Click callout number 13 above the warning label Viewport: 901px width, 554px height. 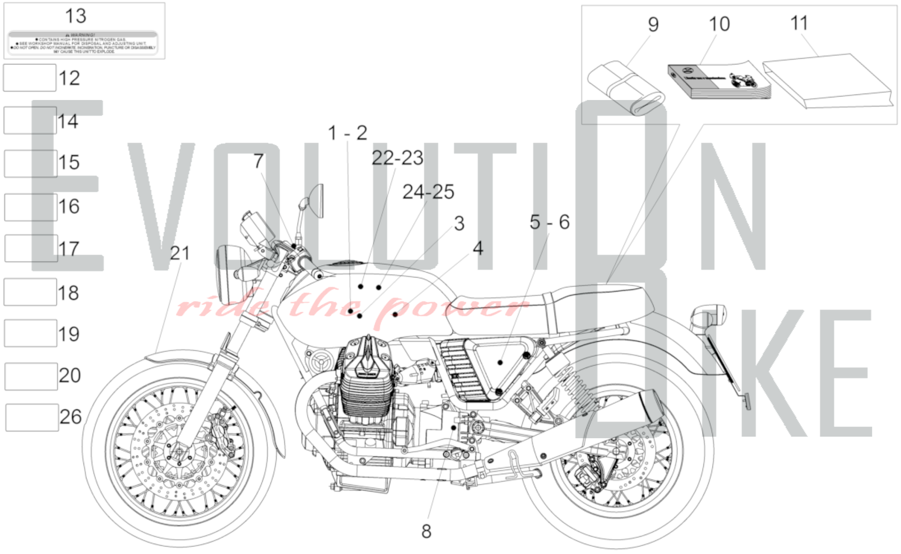(76, 16)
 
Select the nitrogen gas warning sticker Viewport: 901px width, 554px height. (83, 43)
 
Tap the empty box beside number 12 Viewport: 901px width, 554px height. (30, 78)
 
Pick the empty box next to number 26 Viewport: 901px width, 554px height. (32, 418)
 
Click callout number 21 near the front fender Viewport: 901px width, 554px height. (180, 254)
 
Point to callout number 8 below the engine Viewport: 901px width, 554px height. (426, 531)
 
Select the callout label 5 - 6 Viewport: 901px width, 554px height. (549, 222)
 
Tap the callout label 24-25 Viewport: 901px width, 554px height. (428, 192)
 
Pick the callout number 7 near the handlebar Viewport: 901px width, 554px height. (258, 161)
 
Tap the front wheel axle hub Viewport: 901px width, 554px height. (178, 451)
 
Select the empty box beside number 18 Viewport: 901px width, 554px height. (30, 292)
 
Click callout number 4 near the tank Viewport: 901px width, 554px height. (478, 248)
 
